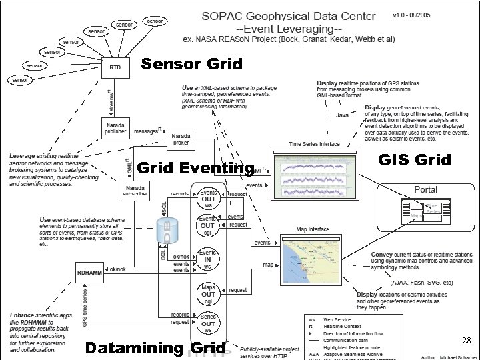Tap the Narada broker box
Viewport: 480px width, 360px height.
180,138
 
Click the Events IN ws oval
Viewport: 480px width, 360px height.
208,261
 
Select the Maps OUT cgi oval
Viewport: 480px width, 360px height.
208,294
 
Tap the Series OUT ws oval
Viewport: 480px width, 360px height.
208,323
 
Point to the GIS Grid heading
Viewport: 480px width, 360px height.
414,160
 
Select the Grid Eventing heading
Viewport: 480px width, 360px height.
195,168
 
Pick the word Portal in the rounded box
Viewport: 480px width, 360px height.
426,189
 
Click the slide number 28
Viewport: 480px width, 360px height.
466,341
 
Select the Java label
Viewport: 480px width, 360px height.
342,115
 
